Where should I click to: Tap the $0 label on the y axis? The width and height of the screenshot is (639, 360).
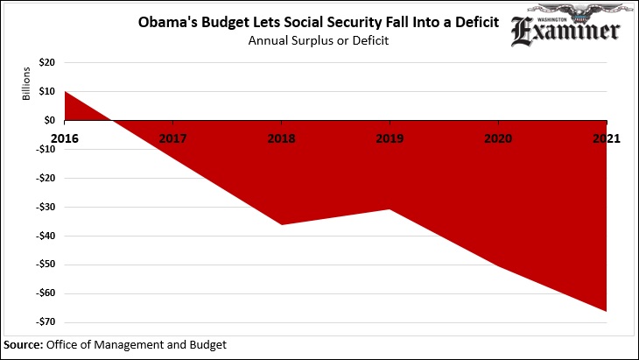(51, 121)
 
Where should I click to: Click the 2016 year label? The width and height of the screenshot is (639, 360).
(65, 138)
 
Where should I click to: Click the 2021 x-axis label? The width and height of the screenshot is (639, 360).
(606, 138)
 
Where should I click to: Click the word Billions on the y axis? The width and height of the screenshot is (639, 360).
(26, 82)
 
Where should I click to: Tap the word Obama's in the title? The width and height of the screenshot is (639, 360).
(164, 20)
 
